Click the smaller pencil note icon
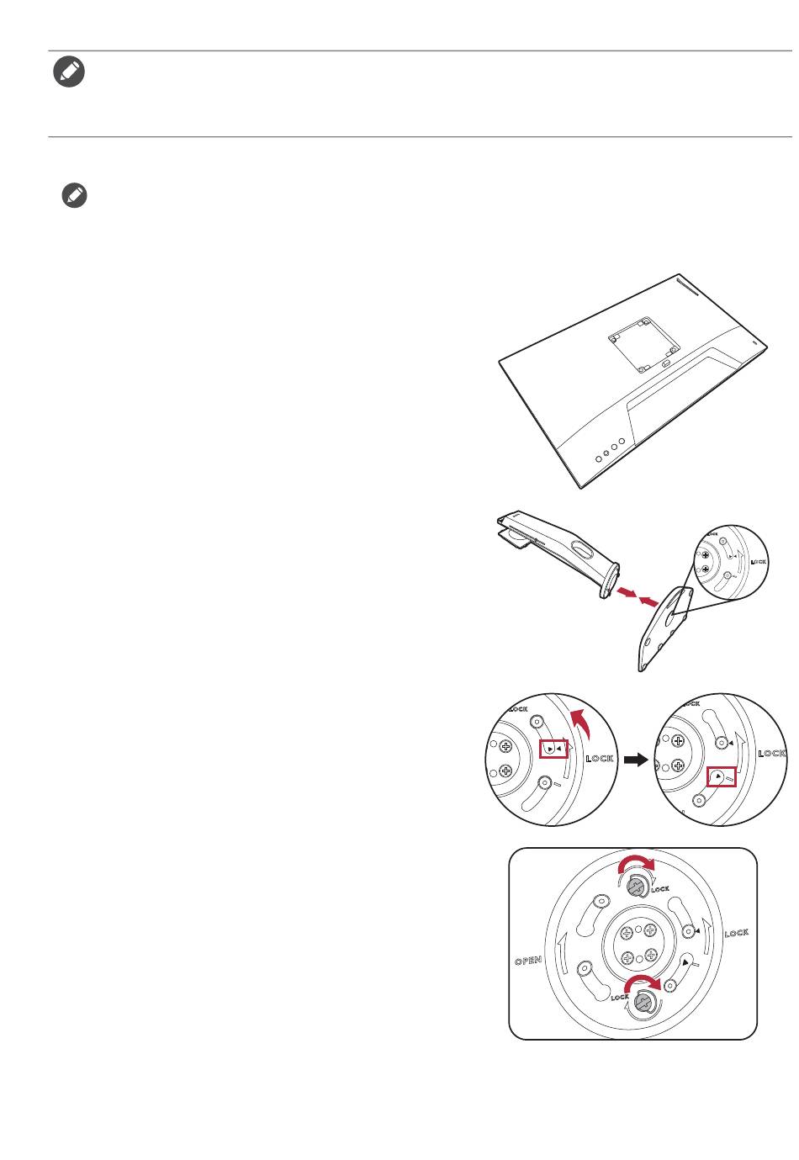pyautogui.click(x=74, y=197)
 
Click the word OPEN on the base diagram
pyautogui.click(x=528, y=960)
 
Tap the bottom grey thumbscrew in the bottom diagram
pyautogui.click(x=643, y=1001)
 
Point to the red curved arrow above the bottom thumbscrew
pyautogui.click(x=643, y=983)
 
